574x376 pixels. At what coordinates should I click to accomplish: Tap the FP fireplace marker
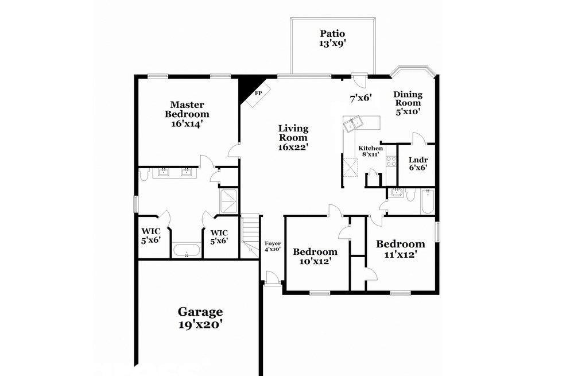coord(258,93)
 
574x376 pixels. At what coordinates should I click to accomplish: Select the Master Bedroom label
coord(187,114)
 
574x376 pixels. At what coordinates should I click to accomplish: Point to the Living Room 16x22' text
coord(293,138)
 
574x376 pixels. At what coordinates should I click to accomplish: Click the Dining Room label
coord(408,103)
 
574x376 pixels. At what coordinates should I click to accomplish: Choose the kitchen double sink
coord(352,123)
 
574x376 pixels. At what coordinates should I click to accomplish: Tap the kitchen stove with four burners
coord(391,161)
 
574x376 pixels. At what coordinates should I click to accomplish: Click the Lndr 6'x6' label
coord(418,164)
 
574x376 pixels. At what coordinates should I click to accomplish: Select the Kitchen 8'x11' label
coord(370,151)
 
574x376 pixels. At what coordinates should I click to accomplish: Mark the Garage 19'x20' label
coord(200,318)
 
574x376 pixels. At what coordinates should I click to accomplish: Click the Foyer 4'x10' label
coord(273,246)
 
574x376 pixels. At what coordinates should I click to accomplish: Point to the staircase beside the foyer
coord(250,234)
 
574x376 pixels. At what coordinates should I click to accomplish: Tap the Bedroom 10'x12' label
coord(315,256)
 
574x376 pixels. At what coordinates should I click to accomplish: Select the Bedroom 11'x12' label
coord(401,249)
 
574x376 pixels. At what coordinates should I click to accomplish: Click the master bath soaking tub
coord(187,251)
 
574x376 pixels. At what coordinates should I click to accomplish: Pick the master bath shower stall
coord(229,201)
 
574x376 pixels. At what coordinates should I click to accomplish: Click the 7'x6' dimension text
coord(360,98)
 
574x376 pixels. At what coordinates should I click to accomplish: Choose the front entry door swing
coord(272,277)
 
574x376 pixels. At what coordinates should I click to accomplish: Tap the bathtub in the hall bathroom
coord(427,202)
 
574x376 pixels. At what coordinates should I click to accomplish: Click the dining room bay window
coord(413,71)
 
